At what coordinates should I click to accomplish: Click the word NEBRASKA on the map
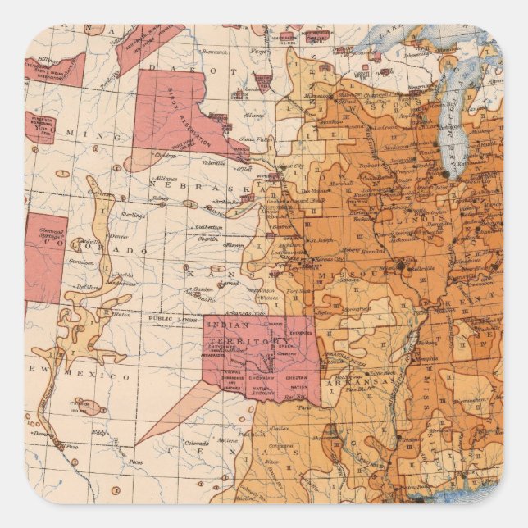pyautogui.click(x=184, y=182)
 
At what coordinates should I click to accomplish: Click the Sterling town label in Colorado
pyautogui.click(x=131, y=215)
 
